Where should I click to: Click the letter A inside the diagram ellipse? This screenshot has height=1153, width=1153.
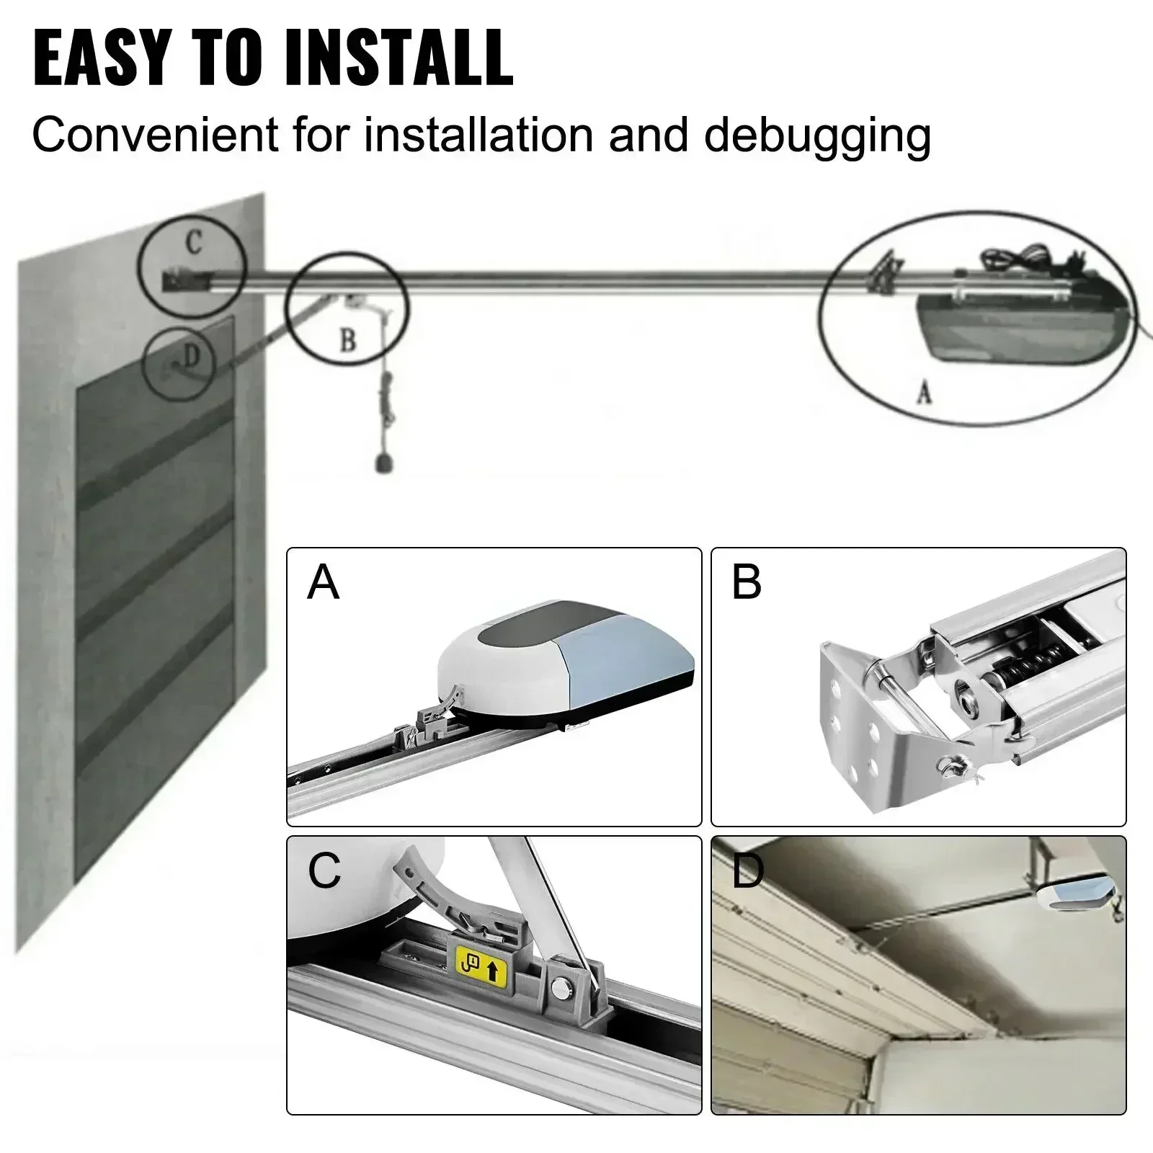[925, 392]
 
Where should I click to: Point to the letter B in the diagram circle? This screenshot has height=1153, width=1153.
[347, 339]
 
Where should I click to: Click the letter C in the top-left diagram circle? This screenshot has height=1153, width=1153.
[193, 243]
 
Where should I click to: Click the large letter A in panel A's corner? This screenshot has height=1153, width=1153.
[322, 582]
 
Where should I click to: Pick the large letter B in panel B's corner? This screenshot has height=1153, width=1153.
[746, 582]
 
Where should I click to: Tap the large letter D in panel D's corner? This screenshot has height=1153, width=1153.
[747, 872]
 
